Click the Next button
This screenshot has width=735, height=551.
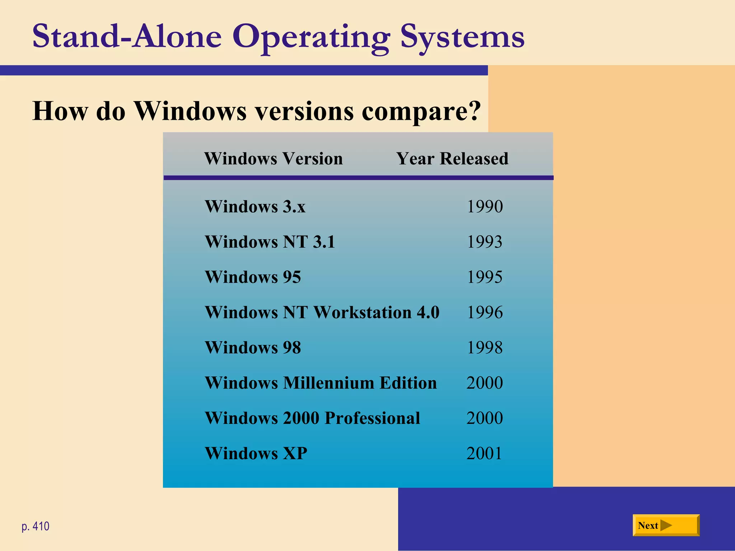666,525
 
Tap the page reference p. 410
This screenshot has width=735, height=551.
36,526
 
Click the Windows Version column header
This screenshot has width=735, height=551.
273,158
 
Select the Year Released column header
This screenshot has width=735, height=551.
452,158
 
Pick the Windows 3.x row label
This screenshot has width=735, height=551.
255,207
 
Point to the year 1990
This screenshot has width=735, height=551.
484,207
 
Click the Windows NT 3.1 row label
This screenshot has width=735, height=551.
270,242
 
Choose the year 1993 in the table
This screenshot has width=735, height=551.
484,242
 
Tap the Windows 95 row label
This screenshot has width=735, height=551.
253,277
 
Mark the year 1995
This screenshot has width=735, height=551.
484,277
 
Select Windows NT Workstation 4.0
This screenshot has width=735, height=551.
322,312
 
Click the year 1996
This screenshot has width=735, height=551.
484,312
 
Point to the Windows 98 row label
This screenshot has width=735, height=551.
253,347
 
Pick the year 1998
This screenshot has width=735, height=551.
484,347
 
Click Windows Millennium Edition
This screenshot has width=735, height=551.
321,383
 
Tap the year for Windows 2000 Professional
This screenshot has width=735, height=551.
484,418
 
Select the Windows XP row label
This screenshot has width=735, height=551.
256,453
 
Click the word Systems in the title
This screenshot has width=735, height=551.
462,37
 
